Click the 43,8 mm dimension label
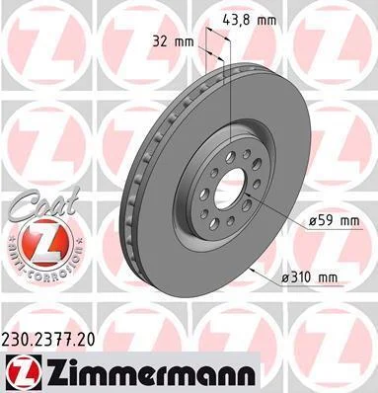tap(250, 21)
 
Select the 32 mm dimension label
tap(173, 41)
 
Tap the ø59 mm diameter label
tap(335, 220)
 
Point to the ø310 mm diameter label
tap(309, 277)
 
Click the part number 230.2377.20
tap(48, 339)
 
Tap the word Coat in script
tap(43, 203)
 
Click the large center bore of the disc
tap(230, 190)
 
